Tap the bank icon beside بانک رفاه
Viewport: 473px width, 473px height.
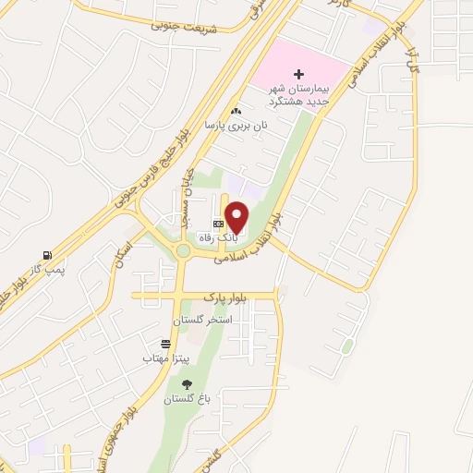pyautogui.click(x=218, y=224)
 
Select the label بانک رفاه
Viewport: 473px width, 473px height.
pyautogui.click(x=222, y=236)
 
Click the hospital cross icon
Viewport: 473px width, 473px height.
pyautogui.click(x=298, y=74)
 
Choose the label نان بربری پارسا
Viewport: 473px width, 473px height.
pyautogui.click(x=236, y=124)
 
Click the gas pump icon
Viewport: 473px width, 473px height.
pyautogui.click(x=46, y=255)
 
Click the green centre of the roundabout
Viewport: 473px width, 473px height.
pyautogui.click(x=183, y=250)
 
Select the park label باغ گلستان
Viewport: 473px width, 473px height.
pyautogui.click(x=188, y=399)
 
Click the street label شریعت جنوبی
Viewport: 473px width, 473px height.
pyautogui.click(x=181, y=27)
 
